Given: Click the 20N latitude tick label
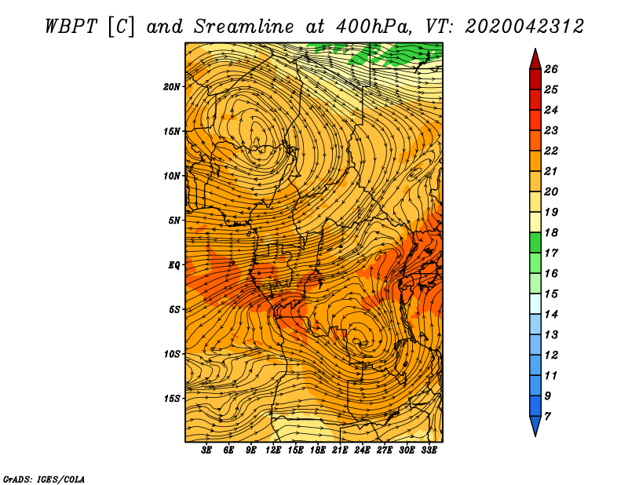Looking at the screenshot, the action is [172, 86].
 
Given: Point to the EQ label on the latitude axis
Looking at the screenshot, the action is [174, 264].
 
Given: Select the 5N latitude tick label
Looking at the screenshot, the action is [174, 221].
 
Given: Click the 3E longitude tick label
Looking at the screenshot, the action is [206, 450].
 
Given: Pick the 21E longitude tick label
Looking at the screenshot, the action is [340, 450].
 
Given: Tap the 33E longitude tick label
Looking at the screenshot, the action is [429, 450].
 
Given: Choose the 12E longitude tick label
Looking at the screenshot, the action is [272, 450].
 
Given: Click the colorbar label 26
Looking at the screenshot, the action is [551, 69].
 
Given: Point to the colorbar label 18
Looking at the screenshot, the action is [551, 232].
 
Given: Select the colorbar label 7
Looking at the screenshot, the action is [548, 416].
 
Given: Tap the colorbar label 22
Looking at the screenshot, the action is [551, 151].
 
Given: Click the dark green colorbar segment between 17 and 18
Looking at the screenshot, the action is [535, 242].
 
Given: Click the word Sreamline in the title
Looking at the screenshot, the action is [244, 27].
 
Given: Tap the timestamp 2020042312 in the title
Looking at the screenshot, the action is [524, 27].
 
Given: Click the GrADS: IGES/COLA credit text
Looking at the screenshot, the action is [44, 480].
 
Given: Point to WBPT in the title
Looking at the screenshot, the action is [71, 27].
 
